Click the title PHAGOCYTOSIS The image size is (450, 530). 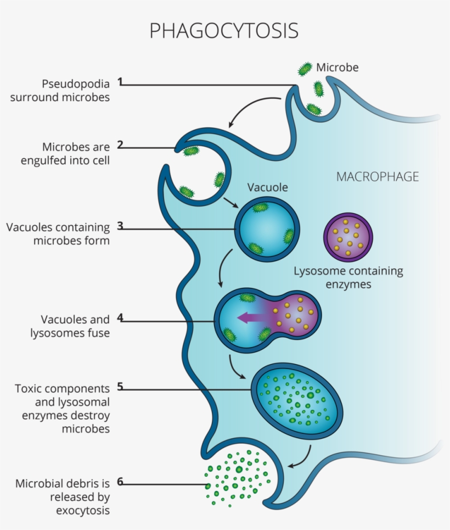coord(224,31)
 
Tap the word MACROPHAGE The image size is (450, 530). coord(377,177)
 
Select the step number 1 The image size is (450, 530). coord(120,82)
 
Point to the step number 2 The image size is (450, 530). coord(120,146)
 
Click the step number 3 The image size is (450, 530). coord(120,226)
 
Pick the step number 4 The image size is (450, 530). coord(120,318)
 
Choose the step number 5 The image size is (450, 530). coord(120,387)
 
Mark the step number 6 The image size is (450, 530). coord(120,482)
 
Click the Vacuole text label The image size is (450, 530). coord(267,188)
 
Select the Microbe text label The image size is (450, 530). coord(337,68)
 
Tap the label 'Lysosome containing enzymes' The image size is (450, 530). coord(348,277)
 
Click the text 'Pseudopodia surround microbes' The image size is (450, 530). coord(75,91)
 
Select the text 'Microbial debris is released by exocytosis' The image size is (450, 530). coord(62,497)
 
